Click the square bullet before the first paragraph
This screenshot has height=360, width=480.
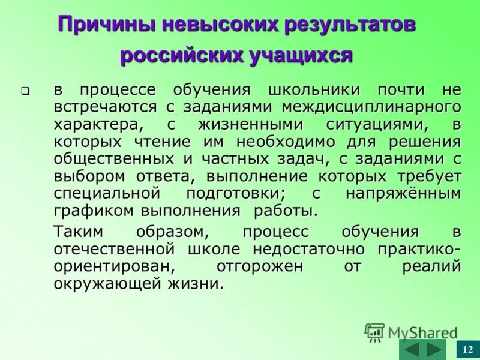26,92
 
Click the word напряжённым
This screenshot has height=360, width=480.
403,194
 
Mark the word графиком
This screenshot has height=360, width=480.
95,211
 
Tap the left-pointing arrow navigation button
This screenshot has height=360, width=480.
411,349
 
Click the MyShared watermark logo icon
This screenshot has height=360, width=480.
374,332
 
